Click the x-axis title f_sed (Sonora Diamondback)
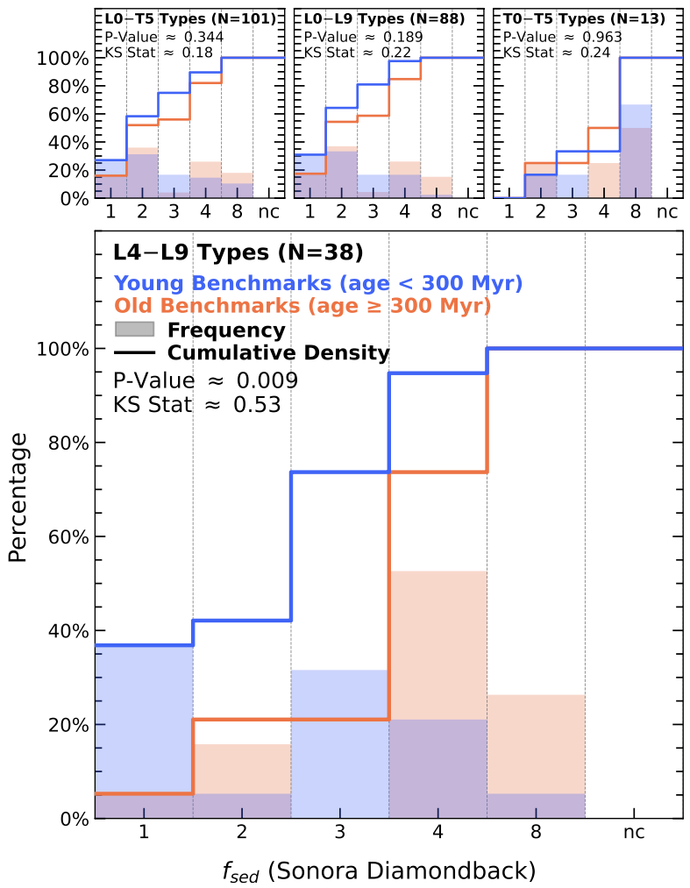click(x=379, y=870)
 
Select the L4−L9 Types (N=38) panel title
click(x=238, y=252)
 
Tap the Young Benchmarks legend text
click(x=318, y=282)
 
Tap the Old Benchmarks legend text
click(x=302, y=306)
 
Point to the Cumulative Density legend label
click(x=278, y=353)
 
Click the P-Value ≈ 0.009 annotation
click(x=205, y=380)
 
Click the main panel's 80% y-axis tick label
click(x=65, y=443)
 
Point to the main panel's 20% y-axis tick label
click(x=65, y=725)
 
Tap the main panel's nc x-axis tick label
click(x=633, y=832)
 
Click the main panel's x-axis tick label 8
click(x=536, y=832)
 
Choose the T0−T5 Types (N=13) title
click(x=583, y=18)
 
